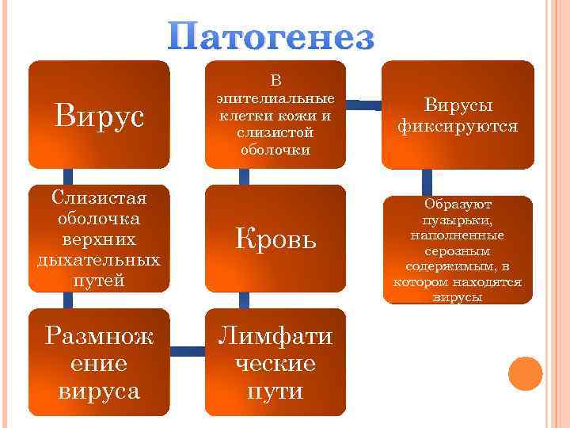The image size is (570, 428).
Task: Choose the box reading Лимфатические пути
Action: (x=275, y=363)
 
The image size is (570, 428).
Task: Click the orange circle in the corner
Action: (x=525, y=373)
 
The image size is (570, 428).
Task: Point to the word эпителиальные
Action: (x=275, y=98)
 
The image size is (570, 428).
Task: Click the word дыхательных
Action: (x=99, y=260)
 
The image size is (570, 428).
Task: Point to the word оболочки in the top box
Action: (x=275, y=148)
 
